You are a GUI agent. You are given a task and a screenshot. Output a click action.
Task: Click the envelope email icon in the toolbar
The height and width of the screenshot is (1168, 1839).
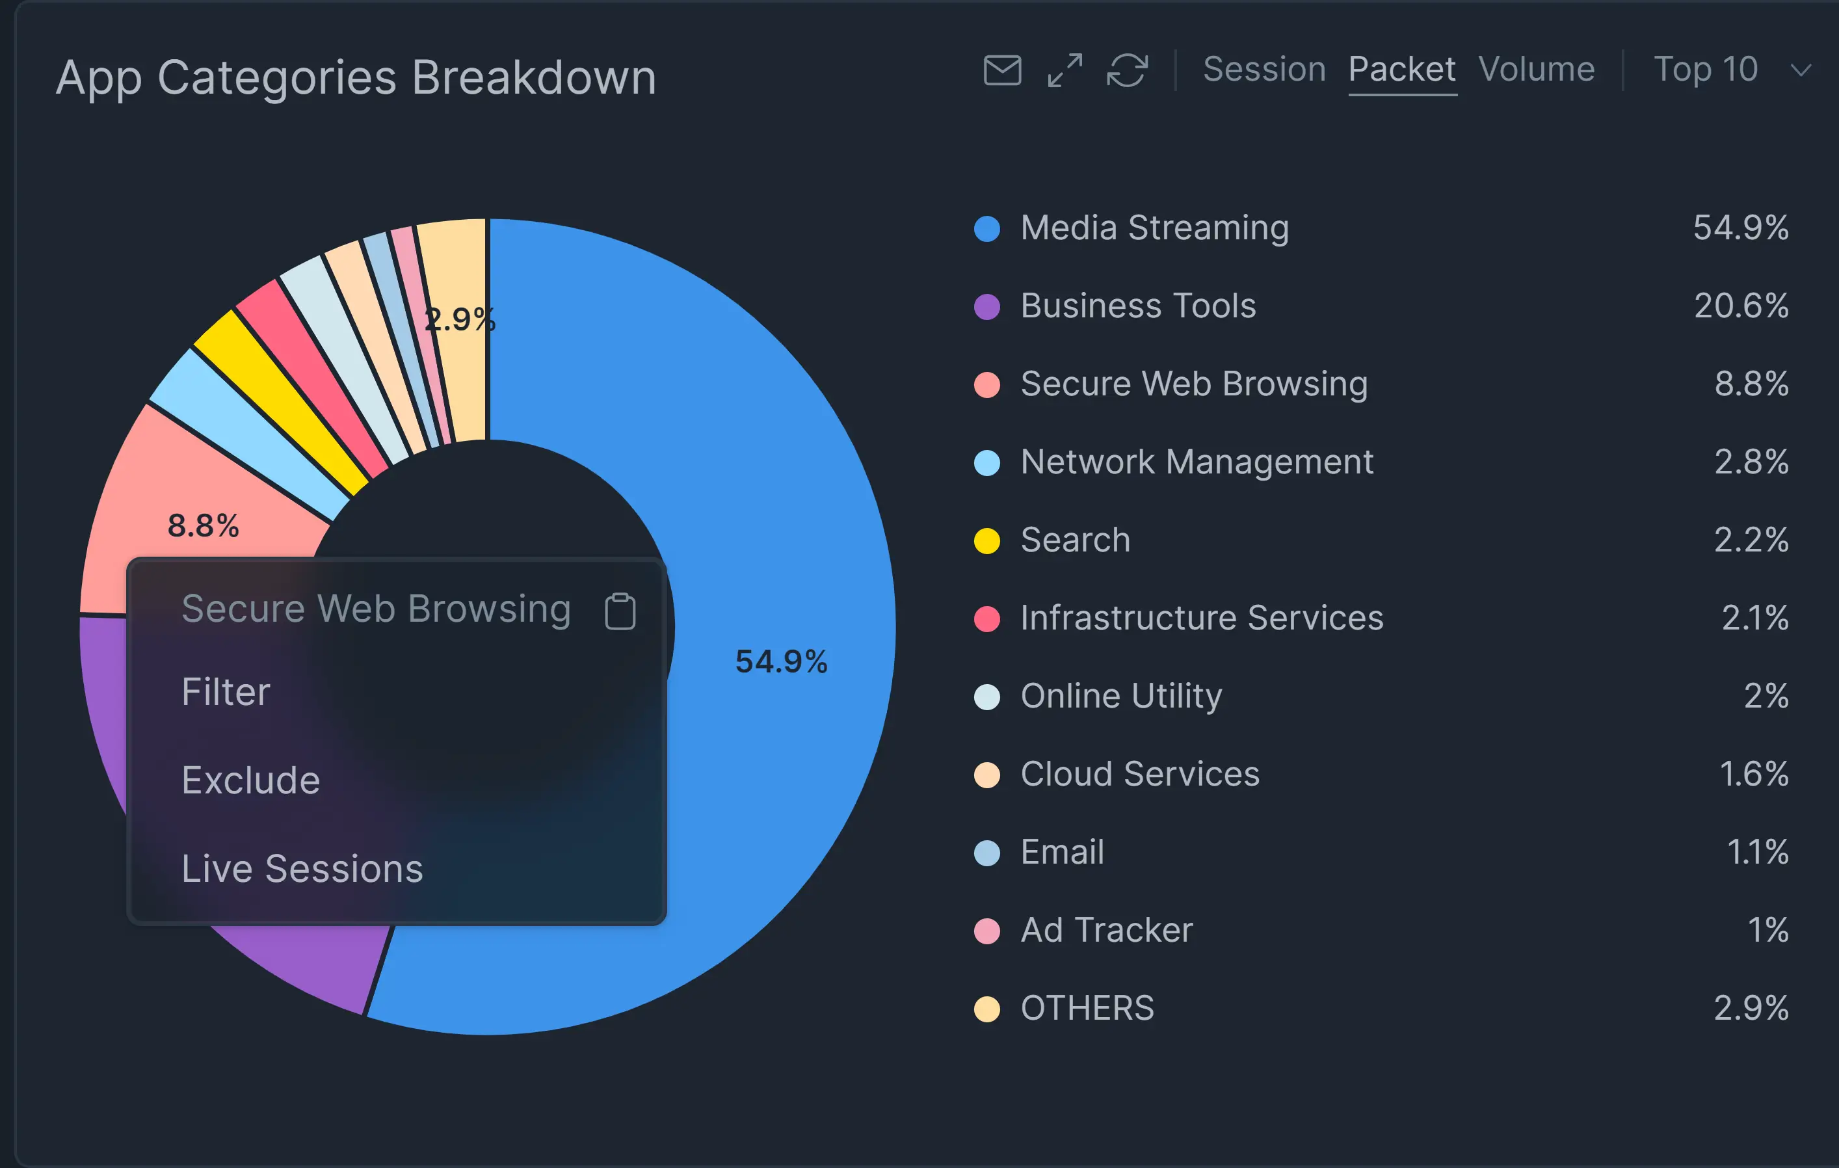click(1002, 70)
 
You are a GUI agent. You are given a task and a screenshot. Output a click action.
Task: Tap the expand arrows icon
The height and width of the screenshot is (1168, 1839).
click(1065, 70)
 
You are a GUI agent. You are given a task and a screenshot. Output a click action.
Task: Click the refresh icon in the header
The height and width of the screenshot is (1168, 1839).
click(1127, 70)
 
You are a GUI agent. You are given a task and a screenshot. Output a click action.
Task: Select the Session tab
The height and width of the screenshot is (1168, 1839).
click(1264, 70)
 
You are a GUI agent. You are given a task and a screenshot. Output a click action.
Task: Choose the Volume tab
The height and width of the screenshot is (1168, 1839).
click(1537, 70)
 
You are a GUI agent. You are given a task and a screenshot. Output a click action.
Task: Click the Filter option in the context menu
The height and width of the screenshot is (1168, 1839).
click(226, 692)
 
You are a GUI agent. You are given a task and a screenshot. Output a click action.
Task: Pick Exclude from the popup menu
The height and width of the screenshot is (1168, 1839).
click(250, 780)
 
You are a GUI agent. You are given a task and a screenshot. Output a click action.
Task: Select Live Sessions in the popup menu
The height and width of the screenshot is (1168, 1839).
click(302, 869)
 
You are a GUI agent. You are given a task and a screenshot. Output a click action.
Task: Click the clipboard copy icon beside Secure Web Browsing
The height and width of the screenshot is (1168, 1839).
click(619, 611)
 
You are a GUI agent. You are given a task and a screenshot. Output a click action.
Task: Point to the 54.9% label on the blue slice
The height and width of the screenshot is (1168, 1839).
click(780, 661)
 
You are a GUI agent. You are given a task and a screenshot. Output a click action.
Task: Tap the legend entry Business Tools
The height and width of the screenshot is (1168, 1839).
click(1138, 306)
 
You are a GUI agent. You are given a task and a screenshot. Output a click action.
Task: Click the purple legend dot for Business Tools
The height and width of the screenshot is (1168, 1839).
click(986, 306)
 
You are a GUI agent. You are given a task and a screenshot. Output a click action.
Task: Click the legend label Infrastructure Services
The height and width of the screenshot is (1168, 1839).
click(1201, 618)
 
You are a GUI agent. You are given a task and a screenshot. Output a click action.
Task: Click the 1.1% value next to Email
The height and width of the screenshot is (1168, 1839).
click(1757, 853)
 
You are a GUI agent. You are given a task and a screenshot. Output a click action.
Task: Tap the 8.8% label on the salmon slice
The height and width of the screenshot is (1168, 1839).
click(203, 525)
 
